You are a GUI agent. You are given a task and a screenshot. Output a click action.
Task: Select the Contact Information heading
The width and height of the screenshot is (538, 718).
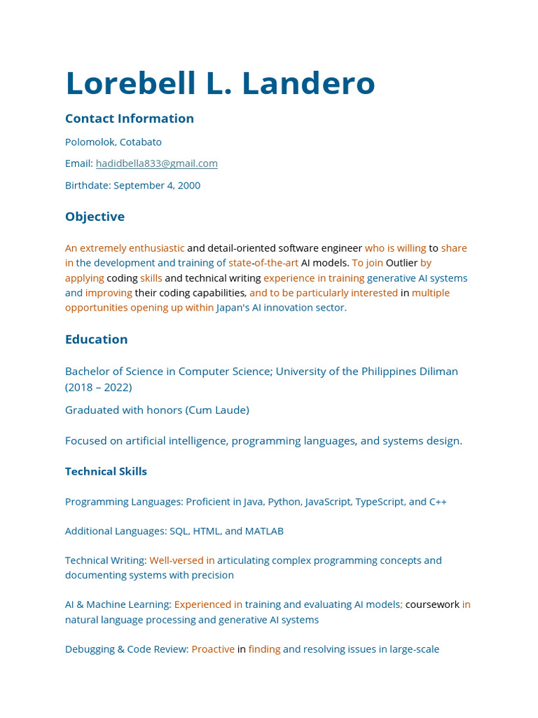pos(130,118)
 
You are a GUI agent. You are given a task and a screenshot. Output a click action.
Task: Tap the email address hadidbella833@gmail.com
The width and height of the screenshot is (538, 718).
pos(156,163)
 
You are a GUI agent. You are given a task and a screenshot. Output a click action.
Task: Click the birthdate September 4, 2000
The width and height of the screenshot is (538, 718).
pos(156,185)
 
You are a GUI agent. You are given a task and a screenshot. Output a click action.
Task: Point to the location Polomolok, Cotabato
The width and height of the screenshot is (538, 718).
pos(113,142)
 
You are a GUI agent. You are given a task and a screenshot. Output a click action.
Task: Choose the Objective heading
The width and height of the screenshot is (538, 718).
pos(95,217)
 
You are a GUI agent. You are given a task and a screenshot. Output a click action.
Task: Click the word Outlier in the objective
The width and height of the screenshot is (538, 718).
pos(401,263)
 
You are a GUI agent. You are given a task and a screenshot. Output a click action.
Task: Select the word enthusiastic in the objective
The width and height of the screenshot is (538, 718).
pos(157,248)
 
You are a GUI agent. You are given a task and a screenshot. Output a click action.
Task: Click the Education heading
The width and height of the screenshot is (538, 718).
pos(96,339)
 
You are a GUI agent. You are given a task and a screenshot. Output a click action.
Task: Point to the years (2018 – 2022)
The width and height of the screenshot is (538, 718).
pos(99,387)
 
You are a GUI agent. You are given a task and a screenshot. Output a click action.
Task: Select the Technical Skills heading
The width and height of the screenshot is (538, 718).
pos(106,472)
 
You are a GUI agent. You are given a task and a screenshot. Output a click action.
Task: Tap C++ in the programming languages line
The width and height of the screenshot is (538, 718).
pos(438,502)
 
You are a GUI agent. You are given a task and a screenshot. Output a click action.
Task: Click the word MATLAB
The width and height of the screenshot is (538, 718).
pos(264,531)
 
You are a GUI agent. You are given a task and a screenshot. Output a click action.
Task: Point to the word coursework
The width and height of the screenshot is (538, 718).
pos(432,604)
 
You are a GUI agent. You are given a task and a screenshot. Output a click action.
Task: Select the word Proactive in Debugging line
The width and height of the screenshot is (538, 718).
pos(213,649)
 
